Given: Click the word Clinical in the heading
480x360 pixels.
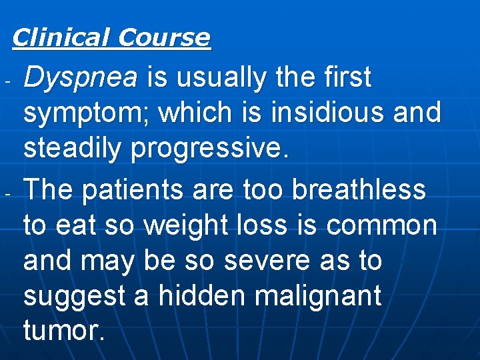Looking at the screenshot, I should pyautogui.click(x=61, y=37).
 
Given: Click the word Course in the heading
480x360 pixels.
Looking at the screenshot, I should pyautogui.click(x=163, y=37).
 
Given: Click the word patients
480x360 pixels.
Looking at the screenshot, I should pyautogui.click(x=134, y=190).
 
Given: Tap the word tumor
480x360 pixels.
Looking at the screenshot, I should pyautogui.click(x=63, y=330).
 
